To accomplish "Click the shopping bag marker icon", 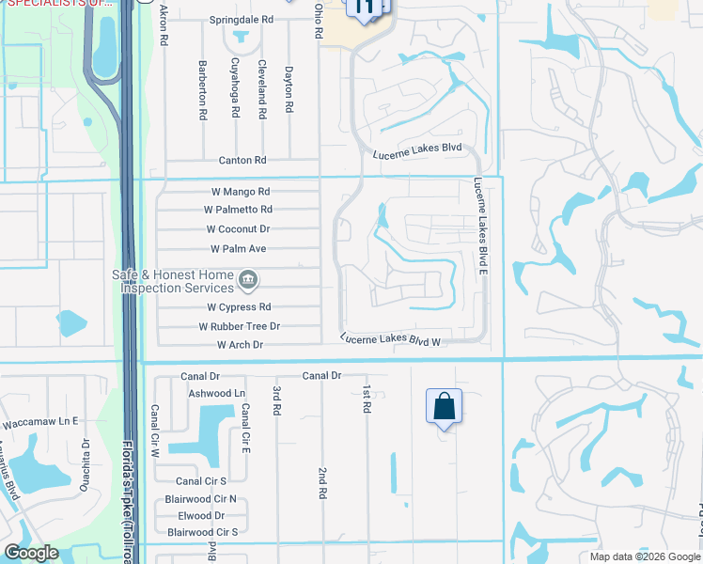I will [445, 407].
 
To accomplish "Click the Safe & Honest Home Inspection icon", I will [248, 278].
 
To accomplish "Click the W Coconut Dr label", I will [238, 228].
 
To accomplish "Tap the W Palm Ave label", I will [238, 249].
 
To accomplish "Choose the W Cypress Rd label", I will [239, 307].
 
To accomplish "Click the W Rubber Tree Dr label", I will [239, 326].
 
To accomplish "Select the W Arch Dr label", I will [242, 345].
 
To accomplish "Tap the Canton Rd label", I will [242, 161].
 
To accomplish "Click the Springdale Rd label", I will [241, 19].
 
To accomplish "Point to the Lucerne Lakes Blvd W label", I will [390, 340].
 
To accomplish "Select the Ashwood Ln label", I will [216, 393].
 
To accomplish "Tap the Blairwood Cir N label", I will [200, 499].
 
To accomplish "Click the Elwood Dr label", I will [201, 515].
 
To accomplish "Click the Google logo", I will [30, 553].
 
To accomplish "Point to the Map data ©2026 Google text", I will [644, 556].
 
